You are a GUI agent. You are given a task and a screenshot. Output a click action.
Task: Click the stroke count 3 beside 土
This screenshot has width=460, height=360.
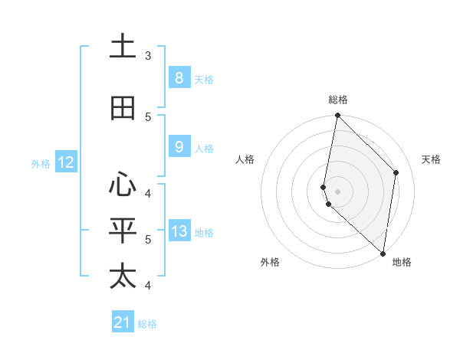pos(148,56)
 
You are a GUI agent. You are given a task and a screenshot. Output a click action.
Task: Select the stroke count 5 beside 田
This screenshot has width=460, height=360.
pos(148,117)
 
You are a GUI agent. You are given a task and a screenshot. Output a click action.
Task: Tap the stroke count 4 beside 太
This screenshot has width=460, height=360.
pos(148,286)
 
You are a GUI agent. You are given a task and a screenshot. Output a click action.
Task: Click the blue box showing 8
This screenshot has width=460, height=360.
pos(179,77)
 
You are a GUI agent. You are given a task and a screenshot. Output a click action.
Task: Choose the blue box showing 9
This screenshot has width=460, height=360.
pos(179,147)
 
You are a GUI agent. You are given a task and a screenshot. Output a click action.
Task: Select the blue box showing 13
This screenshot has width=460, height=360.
pos(179,231)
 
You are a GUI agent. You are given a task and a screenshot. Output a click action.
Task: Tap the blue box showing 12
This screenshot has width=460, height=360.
pos(65,162)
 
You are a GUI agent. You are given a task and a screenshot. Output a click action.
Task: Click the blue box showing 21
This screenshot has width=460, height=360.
pos(123,322)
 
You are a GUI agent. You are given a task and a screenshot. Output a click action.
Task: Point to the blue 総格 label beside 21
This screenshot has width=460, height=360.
pos(147,324)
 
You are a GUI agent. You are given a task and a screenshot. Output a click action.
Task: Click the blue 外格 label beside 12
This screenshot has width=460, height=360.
pos(41,163)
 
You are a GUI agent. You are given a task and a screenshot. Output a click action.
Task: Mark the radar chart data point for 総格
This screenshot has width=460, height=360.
pos(337,116)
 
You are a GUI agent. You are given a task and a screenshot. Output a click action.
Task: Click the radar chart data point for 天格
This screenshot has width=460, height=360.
pos(396,172)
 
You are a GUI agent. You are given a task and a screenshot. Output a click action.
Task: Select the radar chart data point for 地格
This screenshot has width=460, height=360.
pos(383,253)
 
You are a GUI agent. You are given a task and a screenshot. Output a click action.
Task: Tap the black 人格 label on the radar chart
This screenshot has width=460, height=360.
pos(245,159)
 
